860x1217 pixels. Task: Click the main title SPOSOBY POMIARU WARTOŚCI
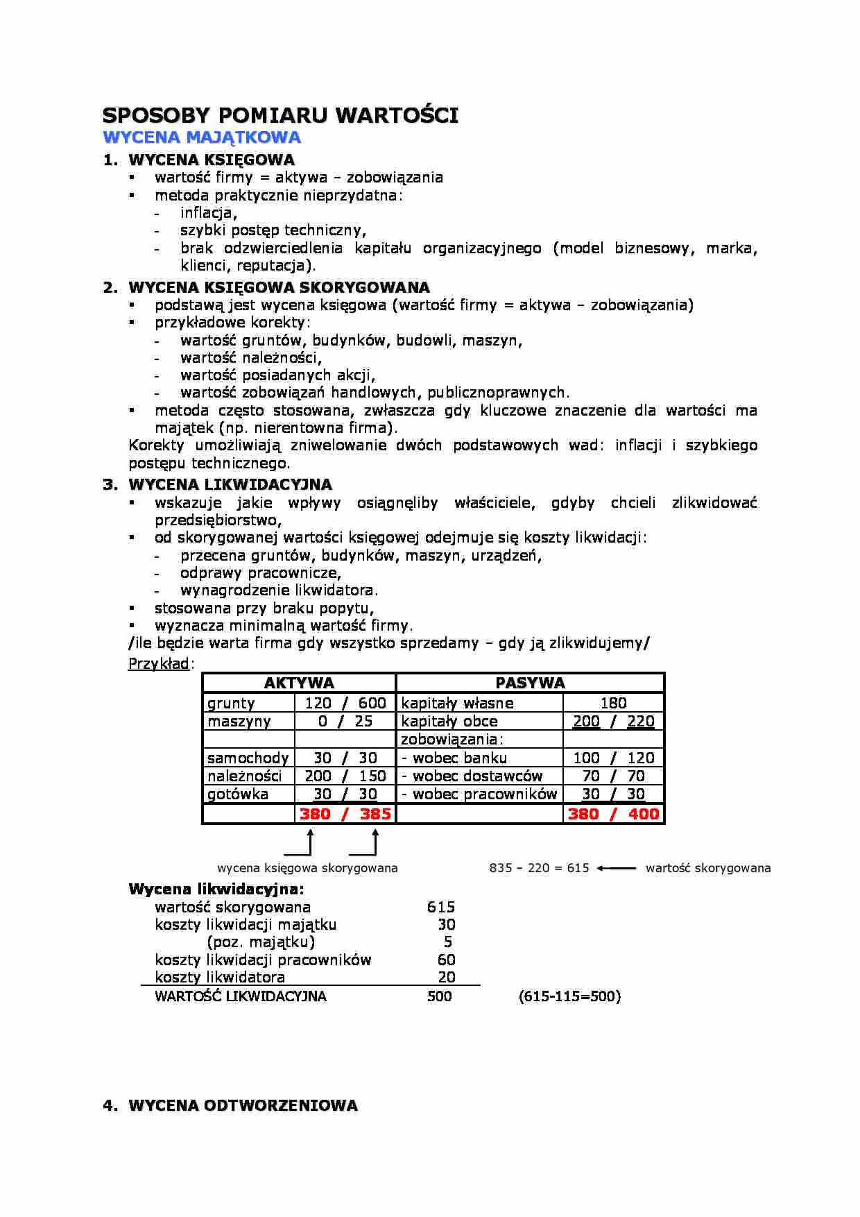click(x=280, y=115)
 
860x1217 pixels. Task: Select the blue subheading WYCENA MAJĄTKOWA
click(x=202, y=137)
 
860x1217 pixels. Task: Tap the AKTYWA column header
click(x=299, y=683)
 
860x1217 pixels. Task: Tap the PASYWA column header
click(x=530, y=683)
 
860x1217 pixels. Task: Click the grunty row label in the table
click(x=231, y=703)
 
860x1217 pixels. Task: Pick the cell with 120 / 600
click(x=345, y=703)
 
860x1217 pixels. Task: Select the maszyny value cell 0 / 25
click(x=345, y=721)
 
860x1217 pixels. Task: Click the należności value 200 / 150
click(x=345, y=776)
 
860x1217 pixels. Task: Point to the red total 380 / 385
click(x=345, y=814)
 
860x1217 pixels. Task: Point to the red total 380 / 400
click(x=613, y=814)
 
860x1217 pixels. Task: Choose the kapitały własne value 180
click(x=613, y=703)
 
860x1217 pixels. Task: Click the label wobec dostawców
click(x=477, y=776)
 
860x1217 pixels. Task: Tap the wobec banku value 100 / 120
click(x=613, y=758)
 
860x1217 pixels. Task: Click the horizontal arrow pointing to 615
click(x=616, y=868)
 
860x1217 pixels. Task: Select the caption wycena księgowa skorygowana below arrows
click(x=307, y=868)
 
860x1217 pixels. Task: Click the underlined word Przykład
click(x=159, y=664)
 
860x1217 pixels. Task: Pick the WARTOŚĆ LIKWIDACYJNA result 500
click(x=440, y=996)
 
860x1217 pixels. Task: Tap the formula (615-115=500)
click(x=569, y=996)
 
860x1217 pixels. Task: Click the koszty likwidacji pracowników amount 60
click(x=446, y=960)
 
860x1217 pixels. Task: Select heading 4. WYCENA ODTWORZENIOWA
click(x=230, y=1106)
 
